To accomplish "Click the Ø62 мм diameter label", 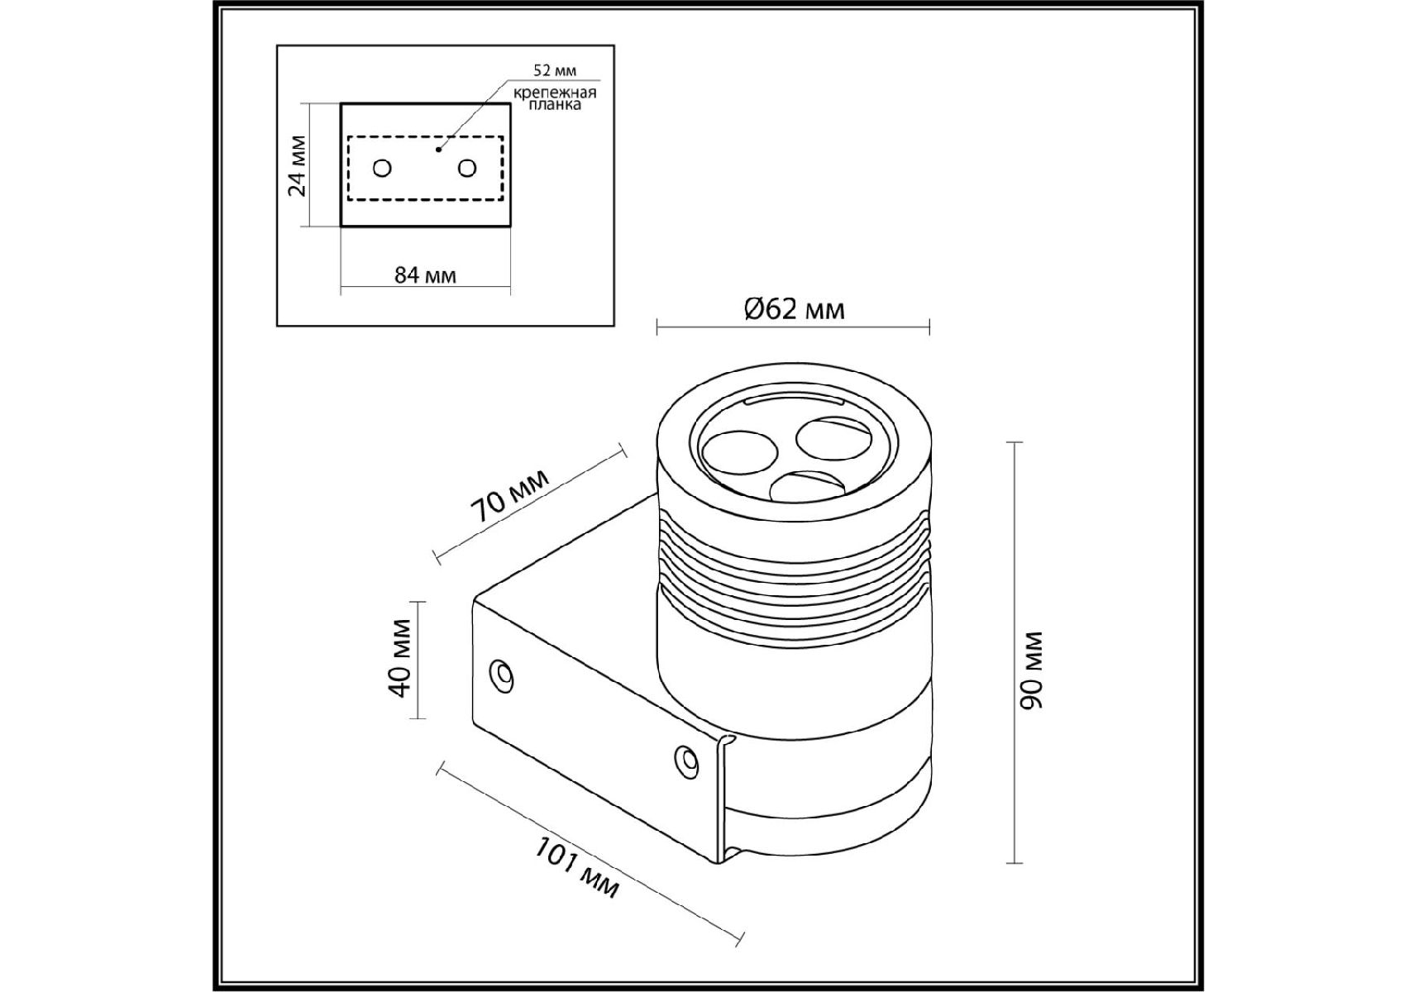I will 794,309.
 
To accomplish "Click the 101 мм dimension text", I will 576,868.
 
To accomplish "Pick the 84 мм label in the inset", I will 425,275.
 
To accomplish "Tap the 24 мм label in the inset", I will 297,165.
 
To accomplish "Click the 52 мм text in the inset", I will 555,70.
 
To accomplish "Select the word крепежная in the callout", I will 555,93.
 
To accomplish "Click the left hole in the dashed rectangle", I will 382,169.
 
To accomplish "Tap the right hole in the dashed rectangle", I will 467,169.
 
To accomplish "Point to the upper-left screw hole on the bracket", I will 502,675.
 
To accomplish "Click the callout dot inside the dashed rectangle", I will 438,150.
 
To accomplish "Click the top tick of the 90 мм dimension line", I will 1015,443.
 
